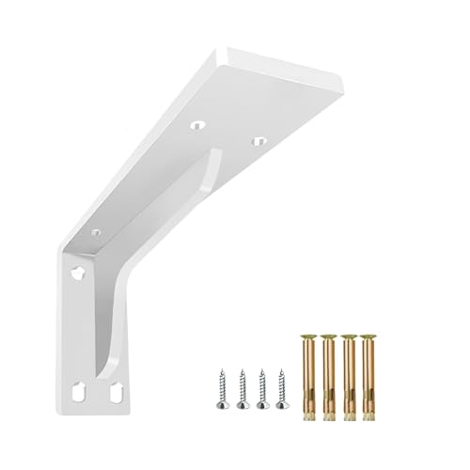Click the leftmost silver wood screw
point(223,385)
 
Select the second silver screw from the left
point(242,385)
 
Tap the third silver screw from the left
point(261,385)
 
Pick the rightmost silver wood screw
point(279,385)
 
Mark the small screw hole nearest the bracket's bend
point(95,231)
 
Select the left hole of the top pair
point(198,125)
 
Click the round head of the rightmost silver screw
point(279,405)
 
